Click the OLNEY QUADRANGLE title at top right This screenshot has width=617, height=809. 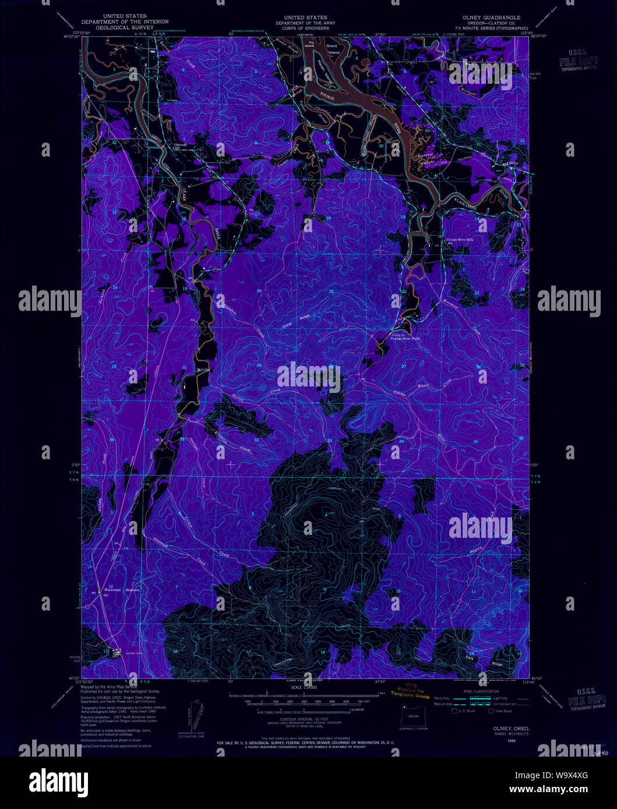pyautogui.click(x=491, y=18)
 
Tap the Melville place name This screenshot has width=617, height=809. pyautogui.click(x=202, y=370)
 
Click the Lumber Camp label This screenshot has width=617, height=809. pyautogui.click(x=135, y=654)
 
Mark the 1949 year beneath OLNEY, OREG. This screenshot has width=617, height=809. pyautogui.click(x=511, y=741)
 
